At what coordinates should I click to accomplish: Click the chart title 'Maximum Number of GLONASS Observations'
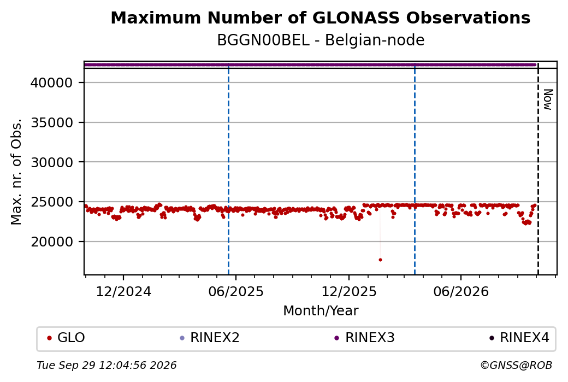[x=320, y=17]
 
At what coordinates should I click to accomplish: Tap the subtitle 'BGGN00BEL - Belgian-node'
[x=321, y=40]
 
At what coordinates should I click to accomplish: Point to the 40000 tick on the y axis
[x=52, y=83]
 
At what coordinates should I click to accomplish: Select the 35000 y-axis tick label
[x=52, y=122]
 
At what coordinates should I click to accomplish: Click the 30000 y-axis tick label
[x=52, y=162]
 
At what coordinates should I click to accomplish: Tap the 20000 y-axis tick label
[x=52, y=242]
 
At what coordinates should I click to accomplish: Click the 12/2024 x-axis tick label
[x=123, y=292]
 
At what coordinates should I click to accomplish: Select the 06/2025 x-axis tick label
[x=236, y=292]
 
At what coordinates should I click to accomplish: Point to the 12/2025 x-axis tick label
[x=349, y=292]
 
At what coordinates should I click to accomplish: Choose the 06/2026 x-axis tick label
[x=461, y=292]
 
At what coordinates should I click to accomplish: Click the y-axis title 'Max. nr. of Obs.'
[x=16, y=172]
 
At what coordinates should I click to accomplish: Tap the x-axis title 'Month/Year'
[x=321, y=311]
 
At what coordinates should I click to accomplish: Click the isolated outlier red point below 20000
[x=380, y=260]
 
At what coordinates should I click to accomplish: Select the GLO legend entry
[x=66, y=338]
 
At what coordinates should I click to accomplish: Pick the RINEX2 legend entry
[x=209, y=338]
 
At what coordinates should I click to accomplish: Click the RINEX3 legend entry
[x=364, y=338]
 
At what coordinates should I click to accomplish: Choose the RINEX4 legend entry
[x=519, y=338]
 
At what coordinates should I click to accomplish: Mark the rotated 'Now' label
[x=548, y=99]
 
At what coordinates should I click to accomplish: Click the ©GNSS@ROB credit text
[x=516, y=365]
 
